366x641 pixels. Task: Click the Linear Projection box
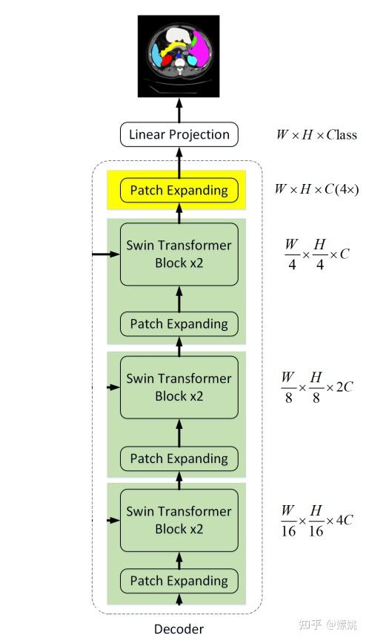pos(179,134)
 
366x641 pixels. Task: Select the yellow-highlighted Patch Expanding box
pos(179,191)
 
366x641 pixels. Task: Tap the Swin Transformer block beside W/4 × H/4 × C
pos(179,254)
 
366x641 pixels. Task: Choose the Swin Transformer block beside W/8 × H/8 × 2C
pos(179,387)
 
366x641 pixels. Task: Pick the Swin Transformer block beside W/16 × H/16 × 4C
pos(179,520)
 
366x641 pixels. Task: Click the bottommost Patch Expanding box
pos(179,581)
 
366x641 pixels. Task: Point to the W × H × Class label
pos(316,135)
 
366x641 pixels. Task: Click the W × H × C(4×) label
pos(316,189)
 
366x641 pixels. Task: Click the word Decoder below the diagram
pos(179,629)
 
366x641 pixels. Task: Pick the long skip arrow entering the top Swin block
pos(105,254)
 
